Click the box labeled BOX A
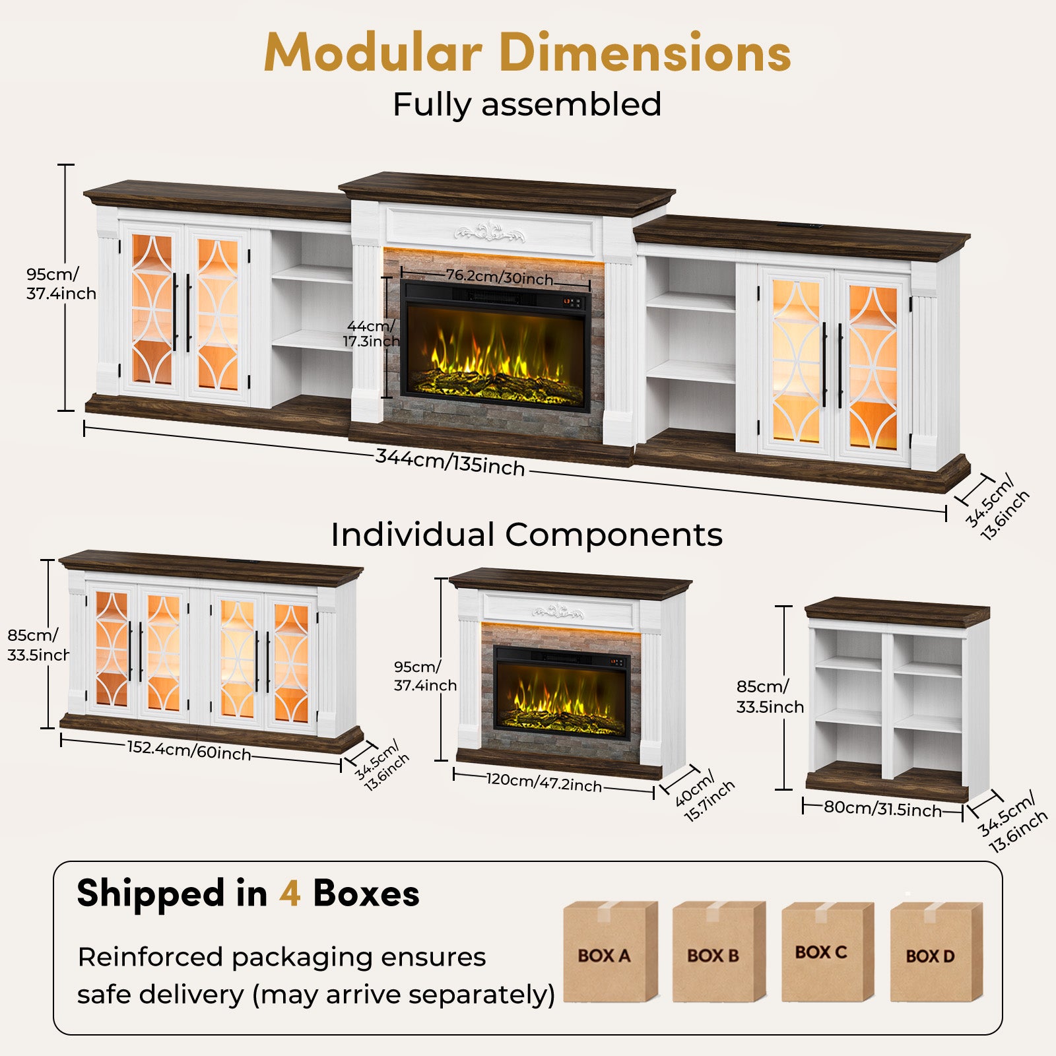click(x=610, y=952)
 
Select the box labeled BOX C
click(x=828, y=952)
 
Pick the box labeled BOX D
click(x=937, y=952)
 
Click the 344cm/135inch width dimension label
click(x=450, y=462)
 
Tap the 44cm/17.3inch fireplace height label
click(x=371, y=333)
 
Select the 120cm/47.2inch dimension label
click(x=544, y=782)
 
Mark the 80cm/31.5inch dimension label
click(x=882, y=808)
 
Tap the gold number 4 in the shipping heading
click(x=290, y=894)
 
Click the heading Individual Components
click(x=527, y=534)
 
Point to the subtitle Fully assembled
click(x=527, y=104)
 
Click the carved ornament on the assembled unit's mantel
click(x=489, y=232)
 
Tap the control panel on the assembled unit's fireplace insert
click(x=572, y=302)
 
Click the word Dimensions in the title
click(x=645, y=53)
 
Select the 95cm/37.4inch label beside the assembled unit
click(x=61, y=284)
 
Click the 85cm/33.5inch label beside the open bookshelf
click(x=770, y=697)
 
